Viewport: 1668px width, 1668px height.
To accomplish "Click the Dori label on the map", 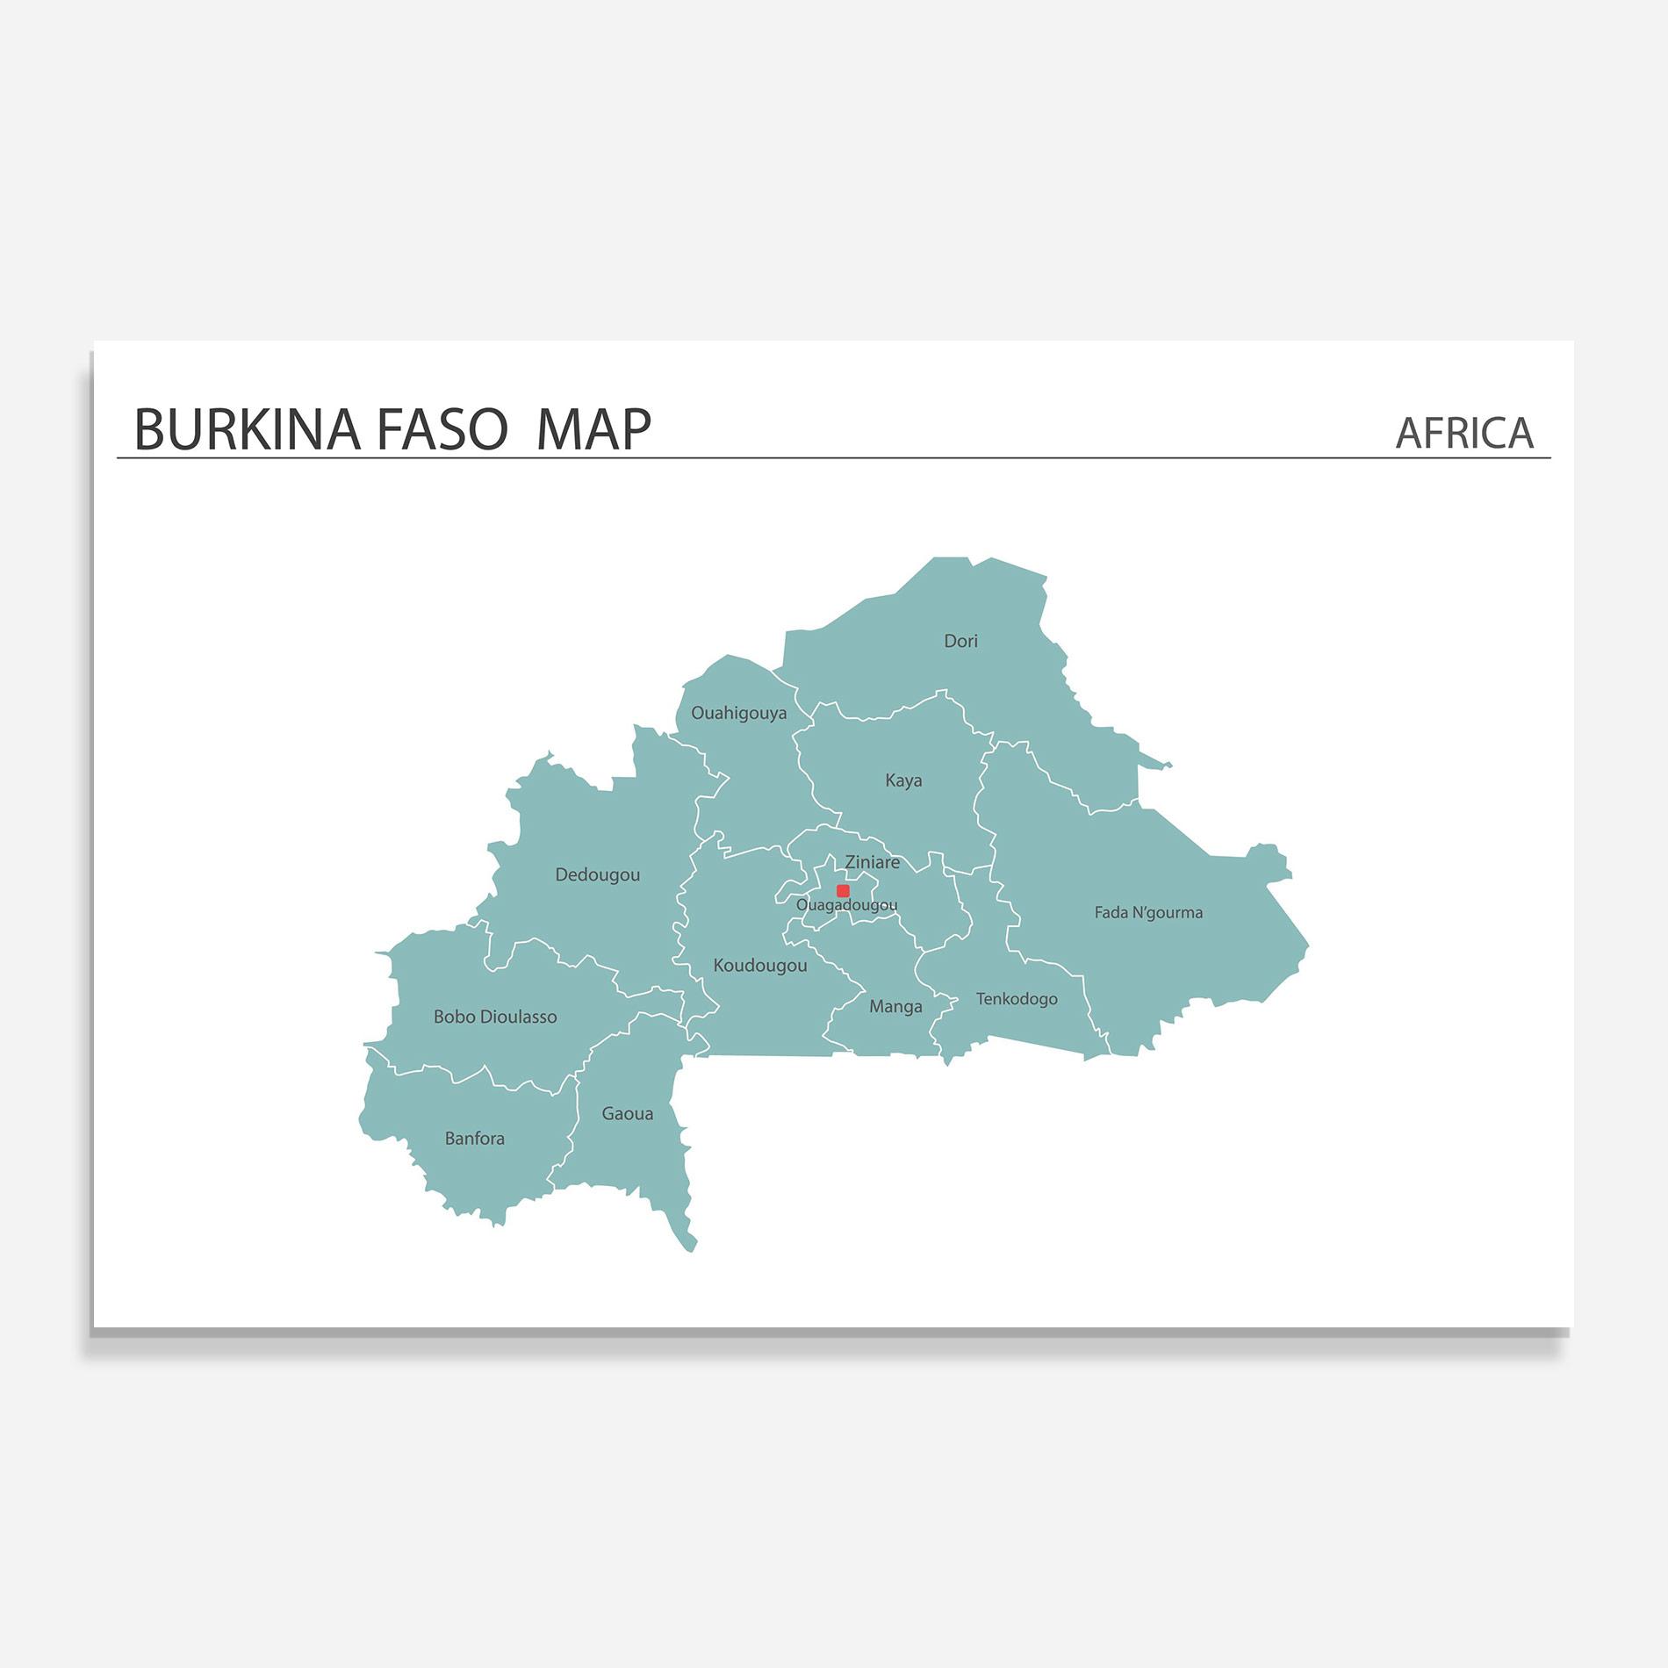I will pos(960,641).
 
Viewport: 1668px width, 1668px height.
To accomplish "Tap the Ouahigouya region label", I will pos(738,713).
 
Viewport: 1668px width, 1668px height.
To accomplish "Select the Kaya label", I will pos(903,780).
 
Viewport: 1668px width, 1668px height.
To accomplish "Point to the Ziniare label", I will pos(872,862).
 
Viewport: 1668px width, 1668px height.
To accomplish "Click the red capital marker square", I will pos(843,890).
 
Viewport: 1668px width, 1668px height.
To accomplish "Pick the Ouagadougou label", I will pos(846,905).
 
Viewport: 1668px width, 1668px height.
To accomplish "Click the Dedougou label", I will pos(597,874).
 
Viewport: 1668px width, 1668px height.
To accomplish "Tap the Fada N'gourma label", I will pos(1148,913).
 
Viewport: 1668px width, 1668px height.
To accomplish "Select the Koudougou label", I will pos(759,966).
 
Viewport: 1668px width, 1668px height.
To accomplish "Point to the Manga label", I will pos(895,1006).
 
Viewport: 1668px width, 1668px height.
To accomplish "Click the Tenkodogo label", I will pos(1017,999).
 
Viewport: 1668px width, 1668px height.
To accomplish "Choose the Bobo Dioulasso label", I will pos(495,1017).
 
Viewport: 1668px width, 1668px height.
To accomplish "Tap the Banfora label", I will pos(474,1139).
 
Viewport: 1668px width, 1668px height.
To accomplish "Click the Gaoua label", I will pos(627,1114).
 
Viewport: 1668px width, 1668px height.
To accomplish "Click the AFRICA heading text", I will pos(1464,433).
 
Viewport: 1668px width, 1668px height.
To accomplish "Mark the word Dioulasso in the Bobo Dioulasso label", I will pos(517,1017).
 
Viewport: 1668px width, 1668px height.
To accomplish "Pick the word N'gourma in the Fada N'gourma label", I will pos(1168,913).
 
